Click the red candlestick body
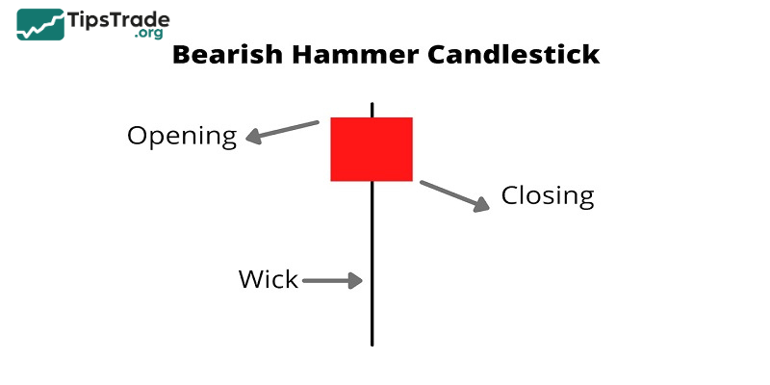[x=372, y=149]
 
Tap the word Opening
[x=182, y=136]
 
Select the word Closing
[x=548, y=196]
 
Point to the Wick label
[x=269, y=280]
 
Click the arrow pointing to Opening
[x=282, y=131]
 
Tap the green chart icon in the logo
[x=40, y=25]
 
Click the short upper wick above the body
[x=372, y=108]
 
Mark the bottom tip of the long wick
[x=372, y=343]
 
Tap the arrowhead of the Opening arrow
[x=253, y=138]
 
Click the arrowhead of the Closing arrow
[x=481, y=204]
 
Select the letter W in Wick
[x=250, y=280]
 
